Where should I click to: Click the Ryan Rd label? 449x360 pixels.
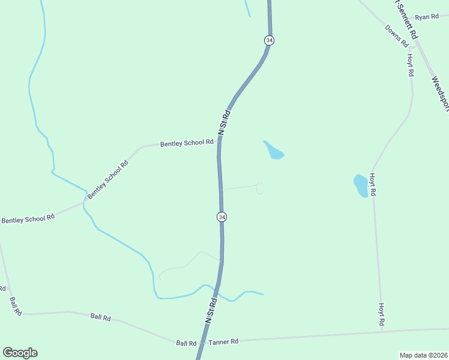tap(427, 17)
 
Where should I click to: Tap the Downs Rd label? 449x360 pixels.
tap(397, 36)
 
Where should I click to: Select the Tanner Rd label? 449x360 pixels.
tap(223, 341)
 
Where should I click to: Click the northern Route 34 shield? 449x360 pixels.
tap(269, 40)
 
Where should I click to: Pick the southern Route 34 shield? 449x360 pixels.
tap(222, 217)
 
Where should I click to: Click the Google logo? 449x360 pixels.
tap(20, 353)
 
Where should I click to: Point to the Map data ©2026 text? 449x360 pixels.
tap(424, 355)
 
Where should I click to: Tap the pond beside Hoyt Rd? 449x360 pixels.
tap(361, 185)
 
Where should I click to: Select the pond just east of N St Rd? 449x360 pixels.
tap(273, 150)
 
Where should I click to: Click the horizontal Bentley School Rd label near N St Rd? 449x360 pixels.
tap(187, 143)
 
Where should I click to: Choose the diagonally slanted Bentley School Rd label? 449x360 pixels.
tap(108, 180)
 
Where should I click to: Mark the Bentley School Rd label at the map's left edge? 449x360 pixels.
tap(28, 219)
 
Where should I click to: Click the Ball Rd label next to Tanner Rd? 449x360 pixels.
tap(186, 343)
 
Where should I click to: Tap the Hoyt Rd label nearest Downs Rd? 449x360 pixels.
tap(411, 65)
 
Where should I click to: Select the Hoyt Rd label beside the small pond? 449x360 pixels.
tap(372, 185)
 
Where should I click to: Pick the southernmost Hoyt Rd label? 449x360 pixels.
tap(381, 314)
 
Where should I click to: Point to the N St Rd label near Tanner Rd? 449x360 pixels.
tap(210, 311)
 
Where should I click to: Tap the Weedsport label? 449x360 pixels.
tap(441, 93)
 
